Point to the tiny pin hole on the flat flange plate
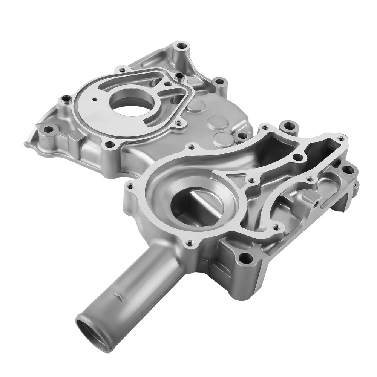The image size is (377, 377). pos(95,99)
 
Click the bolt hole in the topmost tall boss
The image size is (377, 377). pos(182,47)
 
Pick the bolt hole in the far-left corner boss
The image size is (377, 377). pos(48,130)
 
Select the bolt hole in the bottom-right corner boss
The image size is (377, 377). pos(245,259)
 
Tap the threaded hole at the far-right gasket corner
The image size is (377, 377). pos(341,138)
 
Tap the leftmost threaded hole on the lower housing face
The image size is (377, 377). pos(131,185)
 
